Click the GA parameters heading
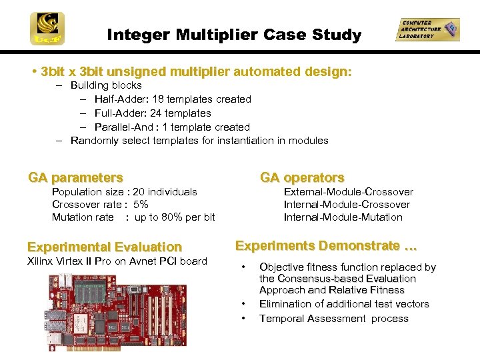(75, 177)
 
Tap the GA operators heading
(302, 177)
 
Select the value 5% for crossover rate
(141, 205)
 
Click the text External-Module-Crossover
(348, 192)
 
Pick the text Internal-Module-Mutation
(343, 217)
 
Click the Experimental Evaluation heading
(105, 247)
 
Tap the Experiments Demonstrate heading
(326, 246)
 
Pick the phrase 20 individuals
(165, 192)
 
